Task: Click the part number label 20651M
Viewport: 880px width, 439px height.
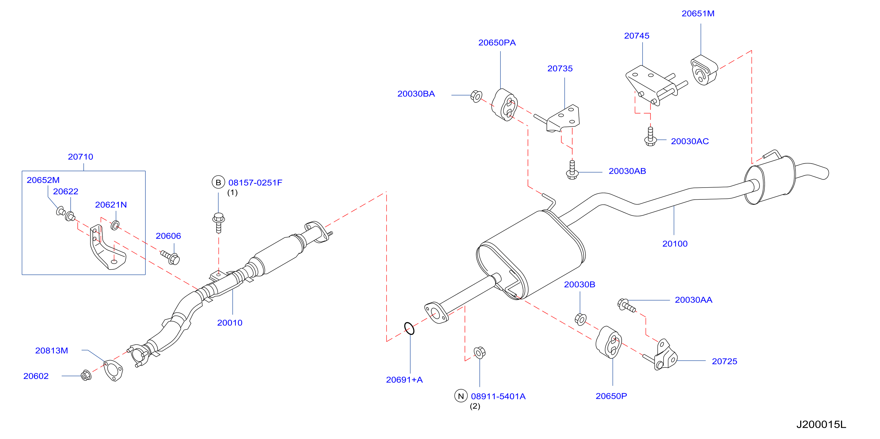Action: pyautogui.click(x=698, y=14)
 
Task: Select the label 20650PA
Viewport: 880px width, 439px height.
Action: pyautogui.click(x=497, y=43)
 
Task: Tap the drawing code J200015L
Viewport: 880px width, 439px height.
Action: pyautogui.click(x=821, y=424)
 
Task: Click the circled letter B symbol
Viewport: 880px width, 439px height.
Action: pyautogui.click(x=218, y=182)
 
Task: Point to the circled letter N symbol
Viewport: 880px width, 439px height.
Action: pyautogui.click(x=461, y=396)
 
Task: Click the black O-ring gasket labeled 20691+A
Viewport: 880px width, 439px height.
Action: pyautogui.click(x=409, y=328)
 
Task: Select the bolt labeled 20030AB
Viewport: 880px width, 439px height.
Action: pyautogui.click(x=572, y=170)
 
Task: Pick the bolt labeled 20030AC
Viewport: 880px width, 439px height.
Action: pyautogui.click(x=650, y=136)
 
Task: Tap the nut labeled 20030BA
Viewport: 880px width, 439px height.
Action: pyautogui.click(x=477, y=96)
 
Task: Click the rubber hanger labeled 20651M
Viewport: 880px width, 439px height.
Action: pyautogui.click(x=704, y=70)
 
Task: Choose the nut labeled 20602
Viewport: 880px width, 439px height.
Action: pyautogui.click(x=86, y=375)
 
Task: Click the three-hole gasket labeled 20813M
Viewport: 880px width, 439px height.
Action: pyautogui.click(x=113, y=371)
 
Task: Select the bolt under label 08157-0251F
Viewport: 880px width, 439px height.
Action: pyautogui.click(x=219, y=222)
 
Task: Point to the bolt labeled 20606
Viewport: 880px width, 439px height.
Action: pyautogui.click(x=171, y=257)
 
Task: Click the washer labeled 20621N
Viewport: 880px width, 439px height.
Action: pyautogui.click(x=115, y=225)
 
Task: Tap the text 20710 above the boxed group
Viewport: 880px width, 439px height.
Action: pyautogui.click(x=81, y=157)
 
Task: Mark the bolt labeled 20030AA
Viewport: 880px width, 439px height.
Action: pyautogui.click(x=626, y=305)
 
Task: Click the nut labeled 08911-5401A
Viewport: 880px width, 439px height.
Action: pyautogui.click(x=480, y=353)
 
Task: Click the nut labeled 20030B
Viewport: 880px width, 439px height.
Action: pyautogui.click(x=580, y=319)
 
